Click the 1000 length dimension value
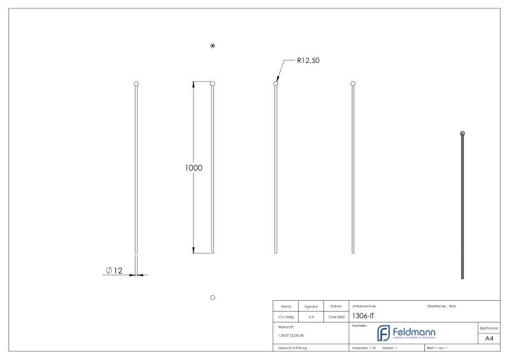point(193,168)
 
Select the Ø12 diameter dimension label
point(114,270)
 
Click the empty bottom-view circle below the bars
point(213,297)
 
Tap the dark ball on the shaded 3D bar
point(463,133)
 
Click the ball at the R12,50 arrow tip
point(276,83)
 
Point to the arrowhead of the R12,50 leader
point(277,79)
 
